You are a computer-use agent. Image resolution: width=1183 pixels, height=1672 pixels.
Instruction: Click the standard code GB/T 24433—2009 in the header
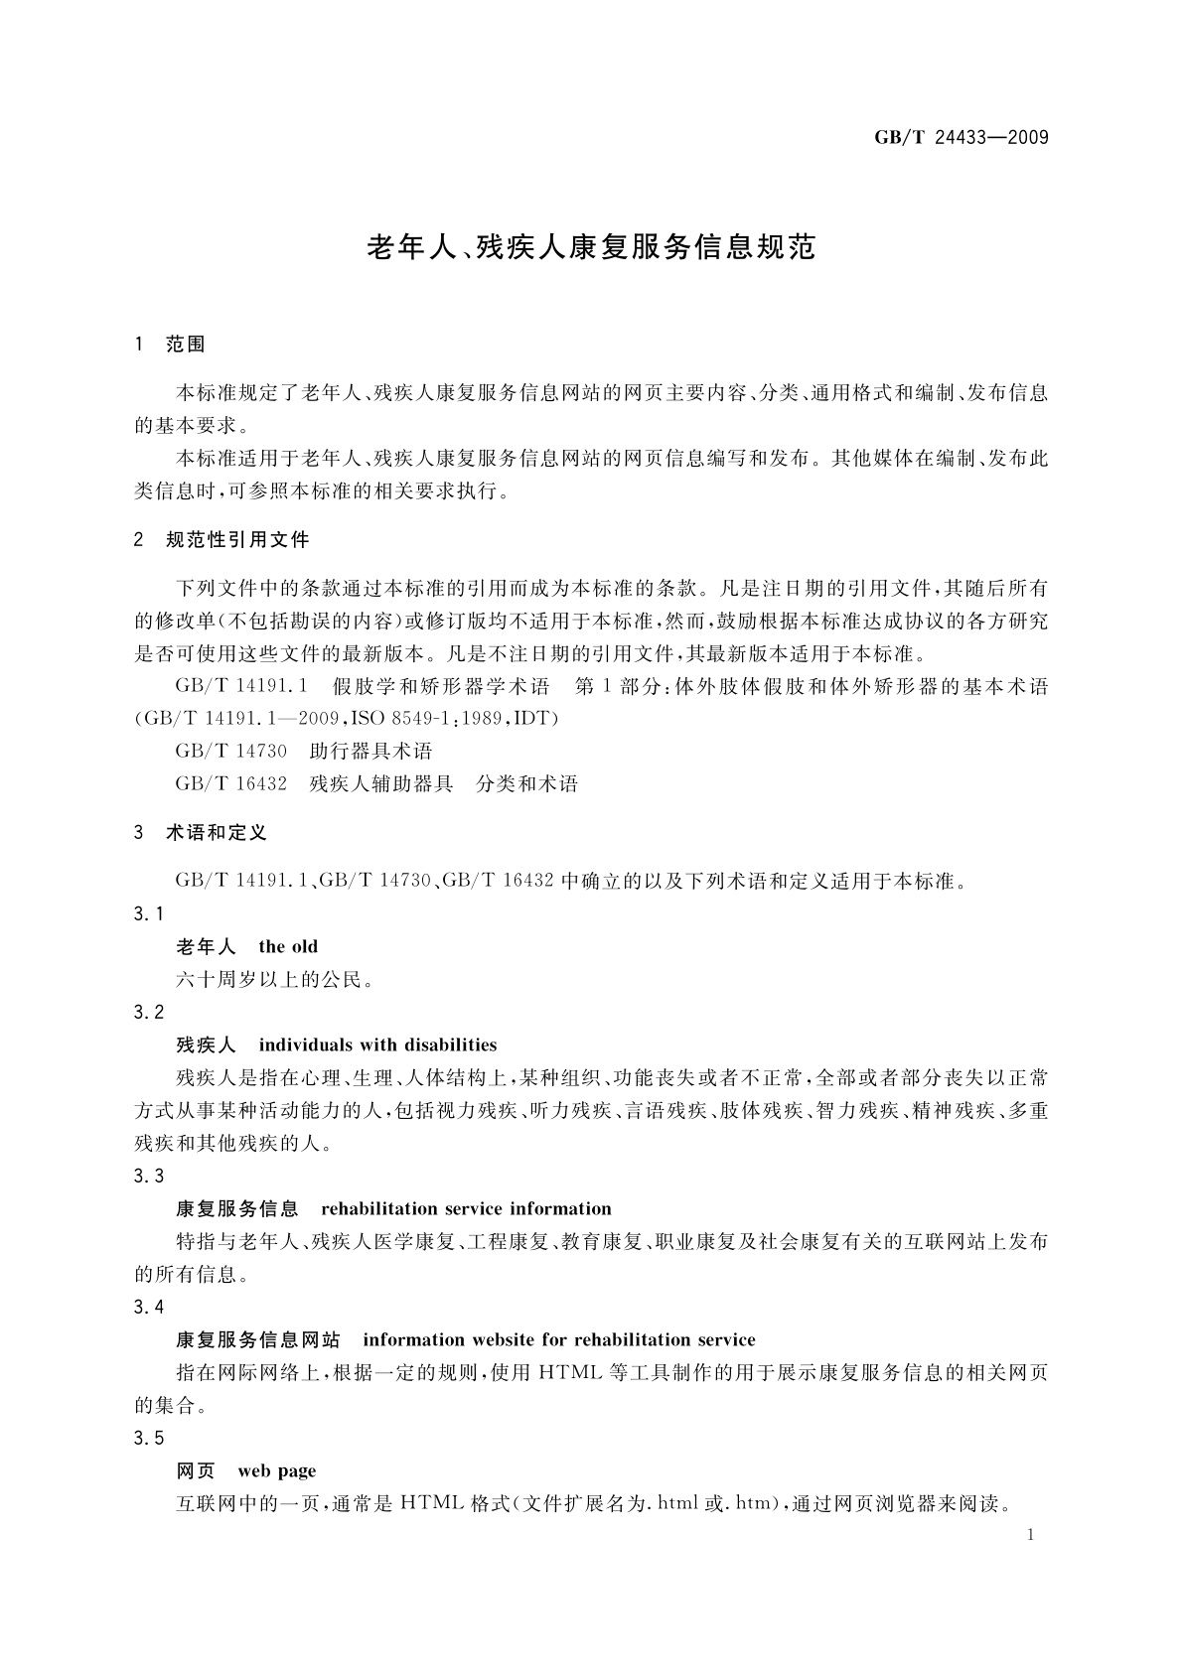(x=961, y=138)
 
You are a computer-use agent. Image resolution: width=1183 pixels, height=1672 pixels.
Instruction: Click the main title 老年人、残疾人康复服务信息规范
(x=591, y=247)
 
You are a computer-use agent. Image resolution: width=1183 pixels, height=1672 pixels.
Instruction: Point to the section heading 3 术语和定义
(x=201, y=833)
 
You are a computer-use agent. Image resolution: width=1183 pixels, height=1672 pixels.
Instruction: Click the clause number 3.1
(x=148, y=913)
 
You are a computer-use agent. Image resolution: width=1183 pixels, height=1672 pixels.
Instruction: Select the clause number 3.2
(x=148, y=1012)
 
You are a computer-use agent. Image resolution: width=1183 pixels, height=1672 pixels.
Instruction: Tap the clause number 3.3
(x=148, y=1176)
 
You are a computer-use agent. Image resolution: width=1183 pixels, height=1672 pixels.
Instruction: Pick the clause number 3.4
(x=148, y=1307)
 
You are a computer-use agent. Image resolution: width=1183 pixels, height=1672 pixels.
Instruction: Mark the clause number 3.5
(x=148, y=1438)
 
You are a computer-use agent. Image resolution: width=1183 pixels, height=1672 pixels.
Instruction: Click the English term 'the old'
(x=288, y=947)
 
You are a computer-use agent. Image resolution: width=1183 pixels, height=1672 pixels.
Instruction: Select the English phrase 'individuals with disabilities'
(x=377, y=1045)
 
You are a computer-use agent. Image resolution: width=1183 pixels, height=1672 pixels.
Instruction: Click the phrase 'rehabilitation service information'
(x=466, y=1208)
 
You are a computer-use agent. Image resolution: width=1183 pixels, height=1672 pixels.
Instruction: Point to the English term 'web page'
(x=277, y=1470)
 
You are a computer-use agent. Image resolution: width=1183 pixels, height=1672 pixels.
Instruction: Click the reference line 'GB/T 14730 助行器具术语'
(x=303, y=751)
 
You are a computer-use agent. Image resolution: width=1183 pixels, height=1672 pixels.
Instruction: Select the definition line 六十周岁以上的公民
(x=276, y=980)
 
